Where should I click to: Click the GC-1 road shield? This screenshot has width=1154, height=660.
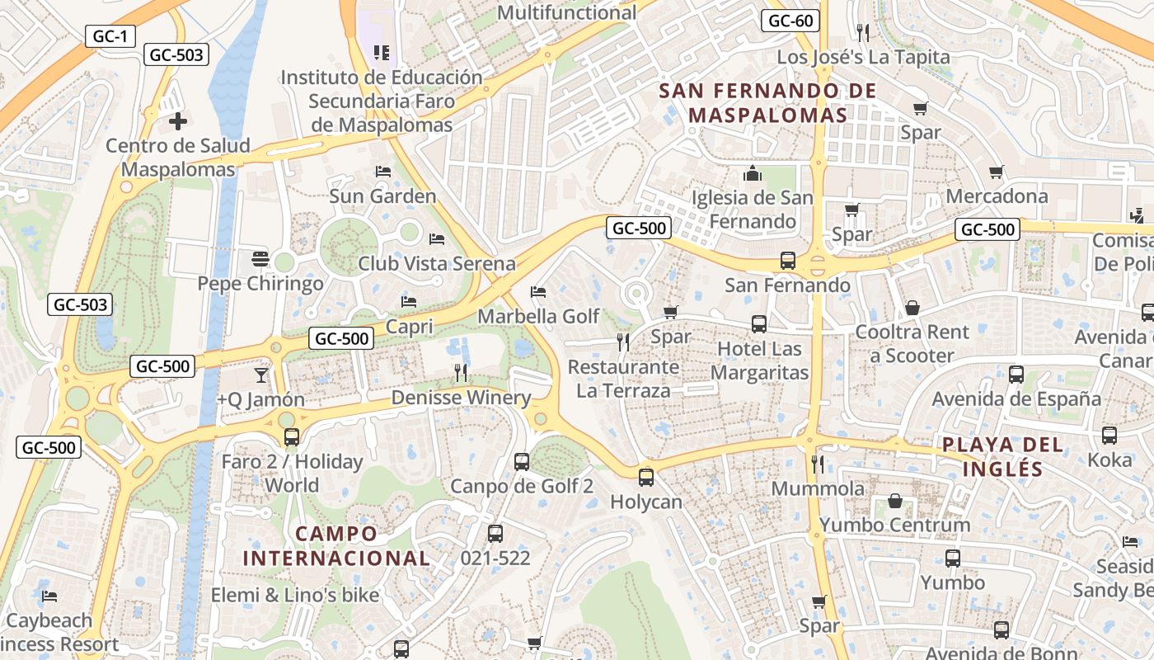click(110, 36)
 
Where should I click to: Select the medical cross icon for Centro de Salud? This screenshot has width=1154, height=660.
click(177, 122)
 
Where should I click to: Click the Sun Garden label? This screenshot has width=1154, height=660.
click(382, 196)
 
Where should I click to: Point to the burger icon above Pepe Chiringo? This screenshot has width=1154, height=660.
click(260, 259)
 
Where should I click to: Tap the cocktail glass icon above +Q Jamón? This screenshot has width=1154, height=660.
click(260, 375)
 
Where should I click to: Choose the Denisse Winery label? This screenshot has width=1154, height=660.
click(461, 398)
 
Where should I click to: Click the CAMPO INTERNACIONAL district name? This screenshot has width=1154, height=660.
click(336, 545)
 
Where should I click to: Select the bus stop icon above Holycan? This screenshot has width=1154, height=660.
click(646, 477)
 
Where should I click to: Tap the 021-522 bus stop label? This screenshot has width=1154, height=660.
click(495, 559)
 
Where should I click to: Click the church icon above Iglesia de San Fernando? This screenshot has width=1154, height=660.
click(752, 173)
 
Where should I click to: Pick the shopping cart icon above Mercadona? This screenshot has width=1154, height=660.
click(997, 172)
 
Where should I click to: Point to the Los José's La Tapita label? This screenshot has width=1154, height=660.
click(864, 58)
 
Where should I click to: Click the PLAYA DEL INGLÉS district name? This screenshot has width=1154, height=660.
click(1002, 457)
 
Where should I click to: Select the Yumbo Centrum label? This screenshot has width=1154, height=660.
click(894, 525)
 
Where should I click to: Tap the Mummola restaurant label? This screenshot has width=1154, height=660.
click(818, 488)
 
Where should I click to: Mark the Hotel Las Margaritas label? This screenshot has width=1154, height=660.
click(759, 361)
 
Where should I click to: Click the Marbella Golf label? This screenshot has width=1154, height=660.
click(538, 317)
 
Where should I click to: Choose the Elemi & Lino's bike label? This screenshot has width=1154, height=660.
click(295, 595)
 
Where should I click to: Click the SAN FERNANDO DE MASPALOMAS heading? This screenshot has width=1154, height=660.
click(768, 102)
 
